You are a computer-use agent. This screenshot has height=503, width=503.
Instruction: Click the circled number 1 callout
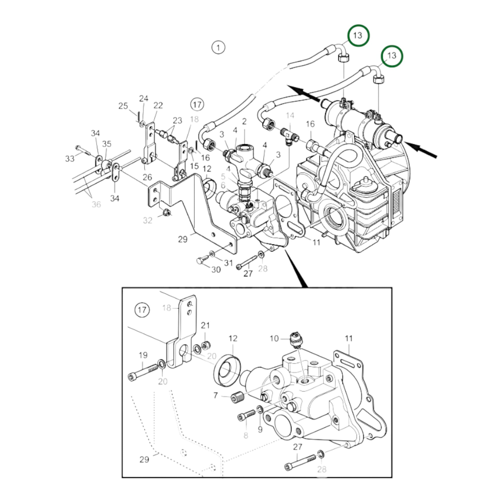click(218, 48)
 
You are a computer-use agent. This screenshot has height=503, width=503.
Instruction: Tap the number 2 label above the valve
click(244, 121)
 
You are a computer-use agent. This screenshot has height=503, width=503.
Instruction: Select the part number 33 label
click(70, 158)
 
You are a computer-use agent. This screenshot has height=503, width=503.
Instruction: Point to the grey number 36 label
click(96, 204)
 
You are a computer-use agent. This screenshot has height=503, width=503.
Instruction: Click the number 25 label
click(123, 106)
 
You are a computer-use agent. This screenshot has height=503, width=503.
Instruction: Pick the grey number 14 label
click(290, 115)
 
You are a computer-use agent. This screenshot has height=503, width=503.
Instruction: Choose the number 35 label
click(106, 144)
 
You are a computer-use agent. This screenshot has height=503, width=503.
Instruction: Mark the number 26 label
click(147, 177)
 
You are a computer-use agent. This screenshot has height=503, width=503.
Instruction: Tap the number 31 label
click(228, 263)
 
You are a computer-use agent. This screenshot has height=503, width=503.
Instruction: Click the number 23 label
click(178, 120)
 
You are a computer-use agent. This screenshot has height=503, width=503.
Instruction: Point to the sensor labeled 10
click(295, 339)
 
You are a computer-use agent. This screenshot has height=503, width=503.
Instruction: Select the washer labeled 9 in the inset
click(260, 409)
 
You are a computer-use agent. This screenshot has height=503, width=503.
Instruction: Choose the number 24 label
click(143, 98)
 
